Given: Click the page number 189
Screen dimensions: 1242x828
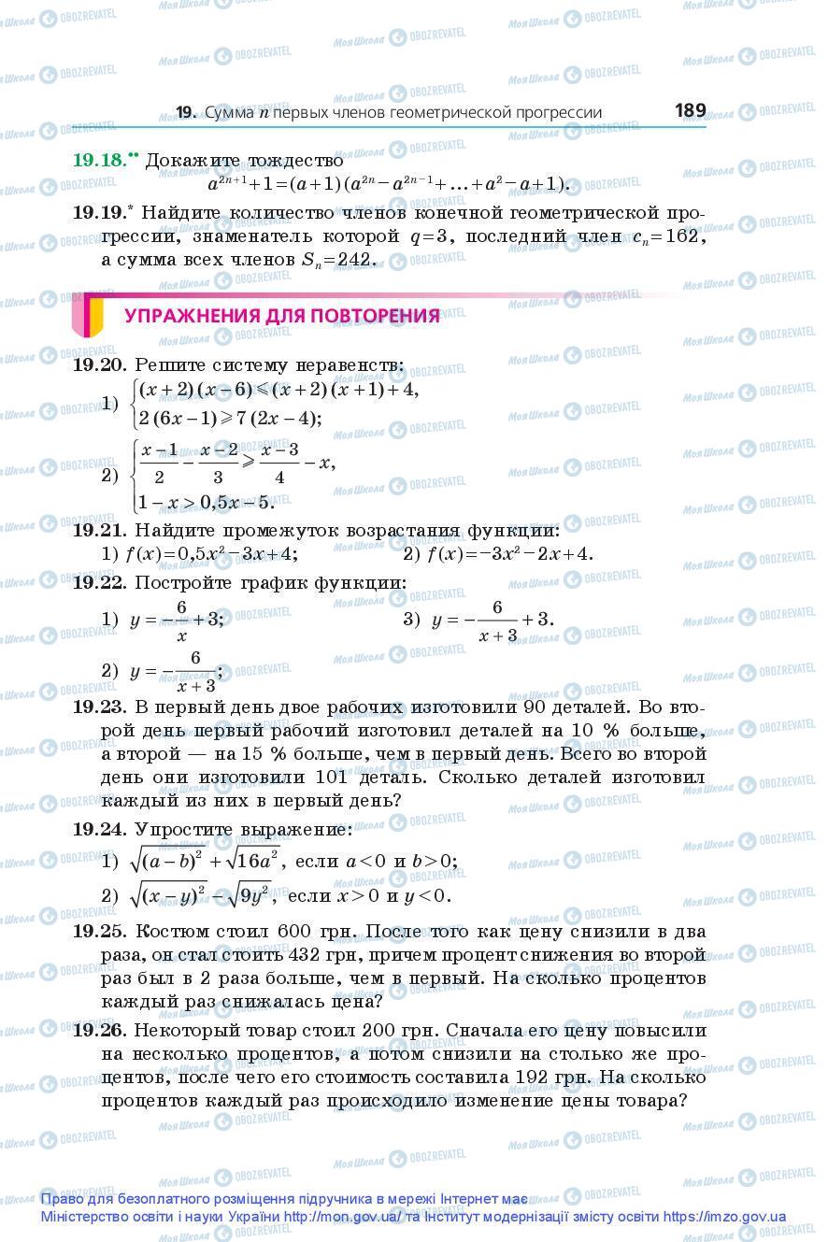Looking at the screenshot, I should (690, 110).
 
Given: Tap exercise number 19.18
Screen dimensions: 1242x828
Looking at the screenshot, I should (99, 160).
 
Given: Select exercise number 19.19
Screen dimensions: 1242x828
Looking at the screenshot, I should (99, 213).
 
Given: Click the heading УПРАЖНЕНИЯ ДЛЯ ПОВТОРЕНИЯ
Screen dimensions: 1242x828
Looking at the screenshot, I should (281, 316).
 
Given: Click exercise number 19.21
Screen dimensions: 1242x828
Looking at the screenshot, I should (99, 530).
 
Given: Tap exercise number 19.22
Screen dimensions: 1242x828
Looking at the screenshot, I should (99, 582).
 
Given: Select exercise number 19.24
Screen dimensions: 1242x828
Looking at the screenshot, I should (99, 829).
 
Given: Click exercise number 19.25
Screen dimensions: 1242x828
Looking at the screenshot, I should (99, 932).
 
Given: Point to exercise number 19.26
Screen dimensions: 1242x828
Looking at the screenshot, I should (99, 1030).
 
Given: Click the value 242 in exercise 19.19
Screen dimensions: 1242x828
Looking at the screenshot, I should (355, 260).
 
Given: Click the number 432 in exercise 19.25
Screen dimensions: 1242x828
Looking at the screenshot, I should (295, 955).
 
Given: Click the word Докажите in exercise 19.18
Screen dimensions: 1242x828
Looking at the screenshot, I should (192, 161).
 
